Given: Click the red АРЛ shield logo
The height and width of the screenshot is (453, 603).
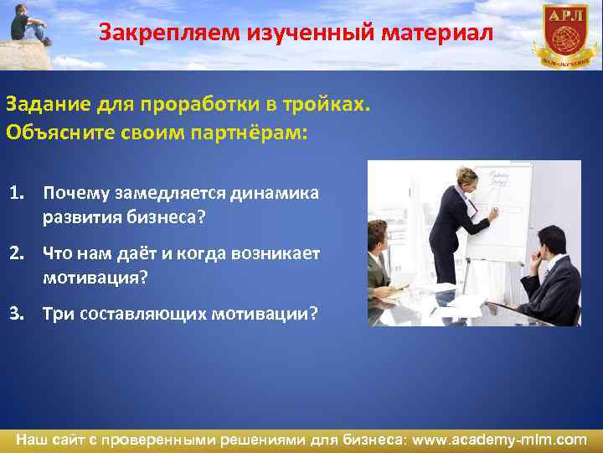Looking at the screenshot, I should [565, 34].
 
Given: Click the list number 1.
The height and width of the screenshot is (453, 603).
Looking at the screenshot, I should [17, 194].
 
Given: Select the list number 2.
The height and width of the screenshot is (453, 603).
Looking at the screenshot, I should [17, 253].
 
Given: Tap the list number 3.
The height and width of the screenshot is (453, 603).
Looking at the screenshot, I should [17, 313].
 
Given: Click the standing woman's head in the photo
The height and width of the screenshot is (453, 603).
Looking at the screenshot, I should [466, 180].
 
